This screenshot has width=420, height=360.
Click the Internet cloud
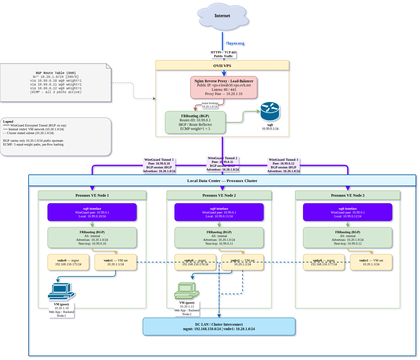[222, 16]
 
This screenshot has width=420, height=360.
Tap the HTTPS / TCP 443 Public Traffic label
[223, 54]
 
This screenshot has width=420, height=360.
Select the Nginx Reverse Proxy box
[224, 87]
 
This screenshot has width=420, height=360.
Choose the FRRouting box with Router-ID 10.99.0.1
[195, 122]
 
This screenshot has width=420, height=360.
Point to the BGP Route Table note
[56, 83]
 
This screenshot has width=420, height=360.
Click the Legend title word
[8, 122]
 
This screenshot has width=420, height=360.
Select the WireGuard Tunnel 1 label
[159, 166]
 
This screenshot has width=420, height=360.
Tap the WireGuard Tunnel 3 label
[283, 166]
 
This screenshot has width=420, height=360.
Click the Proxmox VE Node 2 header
[219, 195]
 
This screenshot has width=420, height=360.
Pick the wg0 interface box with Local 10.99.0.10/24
[92, 212]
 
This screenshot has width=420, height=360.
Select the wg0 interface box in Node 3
[348, 212]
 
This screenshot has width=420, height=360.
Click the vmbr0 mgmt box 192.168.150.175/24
[68, 262]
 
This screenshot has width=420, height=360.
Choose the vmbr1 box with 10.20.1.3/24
[371, 262]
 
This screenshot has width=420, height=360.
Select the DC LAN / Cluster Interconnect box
[219, 327]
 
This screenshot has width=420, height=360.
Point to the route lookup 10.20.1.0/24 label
[210, 105]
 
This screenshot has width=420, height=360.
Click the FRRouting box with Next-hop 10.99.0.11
[219, 238]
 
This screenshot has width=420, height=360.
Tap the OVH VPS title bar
[222, 66]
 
